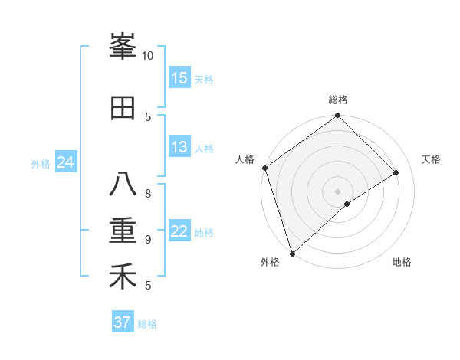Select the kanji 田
coord(123,109)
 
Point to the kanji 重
coord(123,231)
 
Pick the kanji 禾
coord(123,277)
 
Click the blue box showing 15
coord(179,78)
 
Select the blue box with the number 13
coord(179,147)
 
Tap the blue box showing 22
coord(179,231)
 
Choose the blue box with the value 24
coord(65,162)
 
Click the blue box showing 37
coord(123,322)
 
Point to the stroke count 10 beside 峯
coord(148,56)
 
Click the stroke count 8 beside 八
coord(148,193)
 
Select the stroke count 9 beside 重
coord(148,239)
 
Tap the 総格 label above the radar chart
coord(338,100)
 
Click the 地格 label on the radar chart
coord(402,262)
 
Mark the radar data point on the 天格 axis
coord(396,172)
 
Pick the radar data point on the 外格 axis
coord(292,253)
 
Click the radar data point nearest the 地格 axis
coord(347,204)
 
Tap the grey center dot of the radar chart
coord(337,191)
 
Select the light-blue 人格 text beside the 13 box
coord(205,148)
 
